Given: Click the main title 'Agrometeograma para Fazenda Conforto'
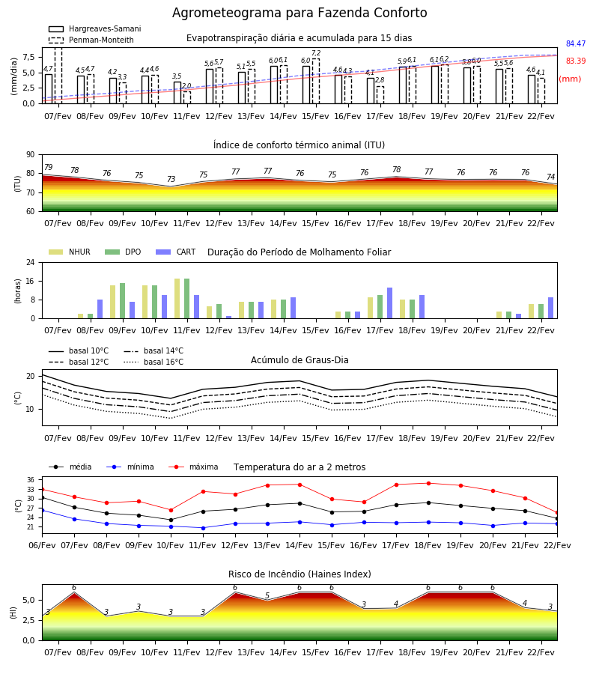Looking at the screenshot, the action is [299, 13].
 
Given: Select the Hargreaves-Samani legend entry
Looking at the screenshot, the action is [94, 28].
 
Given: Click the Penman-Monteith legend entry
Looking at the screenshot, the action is [91, 40].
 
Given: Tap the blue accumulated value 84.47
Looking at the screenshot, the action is [576, 43].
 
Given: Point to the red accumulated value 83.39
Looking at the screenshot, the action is [576, 61].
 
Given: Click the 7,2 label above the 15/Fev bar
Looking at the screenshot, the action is [316, 53].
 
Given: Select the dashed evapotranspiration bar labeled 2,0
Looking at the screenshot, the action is [187, 97].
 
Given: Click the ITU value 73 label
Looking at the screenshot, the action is [171, 179].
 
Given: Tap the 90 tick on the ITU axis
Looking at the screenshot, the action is [30, 155].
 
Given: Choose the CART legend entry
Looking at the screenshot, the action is [176, 252].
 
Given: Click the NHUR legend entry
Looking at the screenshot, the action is [70, 252].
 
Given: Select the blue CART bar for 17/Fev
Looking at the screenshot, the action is [390, 303].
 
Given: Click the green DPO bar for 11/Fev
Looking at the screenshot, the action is [187, 298].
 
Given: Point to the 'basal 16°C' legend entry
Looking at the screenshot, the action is [153, 362].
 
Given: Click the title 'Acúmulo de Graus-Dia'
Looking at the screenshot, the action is [299, 359].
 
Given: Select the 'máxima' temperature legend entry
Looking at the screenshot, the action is [193, 467].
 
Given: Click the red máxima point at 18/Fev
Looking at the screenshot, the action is [428, 483].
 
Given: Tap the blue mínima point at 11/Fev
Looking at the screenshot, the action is [203, 528].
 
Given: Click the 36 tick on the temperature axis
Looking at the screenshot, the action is [31, 480].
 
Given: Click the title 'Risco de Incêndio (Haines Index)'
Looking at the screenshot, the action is [299, 574].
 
